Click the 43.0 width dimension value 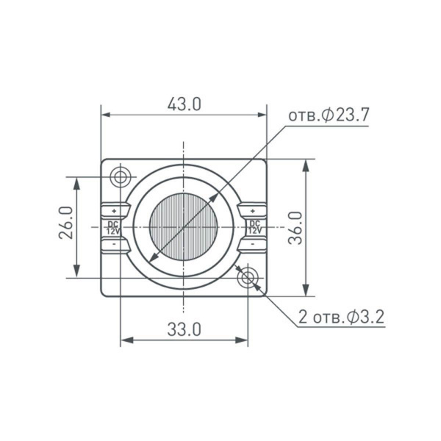point(184,104)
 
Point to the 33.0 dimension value point(184,329)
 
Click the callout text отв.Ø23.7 point(328,116)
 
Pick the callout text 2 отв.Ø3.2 point(341,318)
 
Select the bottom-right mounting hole point(248,277)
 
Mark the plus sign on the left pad point(113,211)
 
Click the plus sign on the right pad point(254,211)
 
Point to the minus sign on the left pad point(113,243)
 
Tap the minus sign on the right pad point(254,243)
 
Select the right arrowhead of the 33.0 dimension point(244,340)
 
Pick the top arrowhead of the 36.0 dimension point(305,164)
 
